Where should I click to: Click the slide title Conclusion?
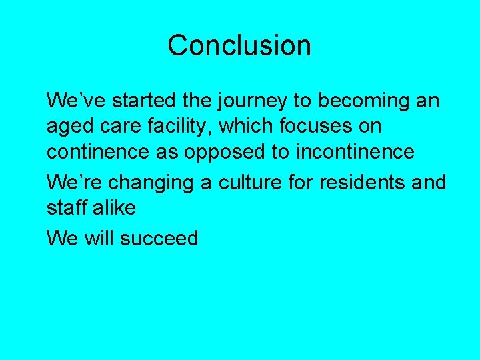[239, 45]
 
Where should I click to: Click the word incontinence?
[355, 151]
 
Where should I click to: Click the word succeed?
[159, 238]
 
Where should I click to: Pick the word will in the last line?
[99, 238]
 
